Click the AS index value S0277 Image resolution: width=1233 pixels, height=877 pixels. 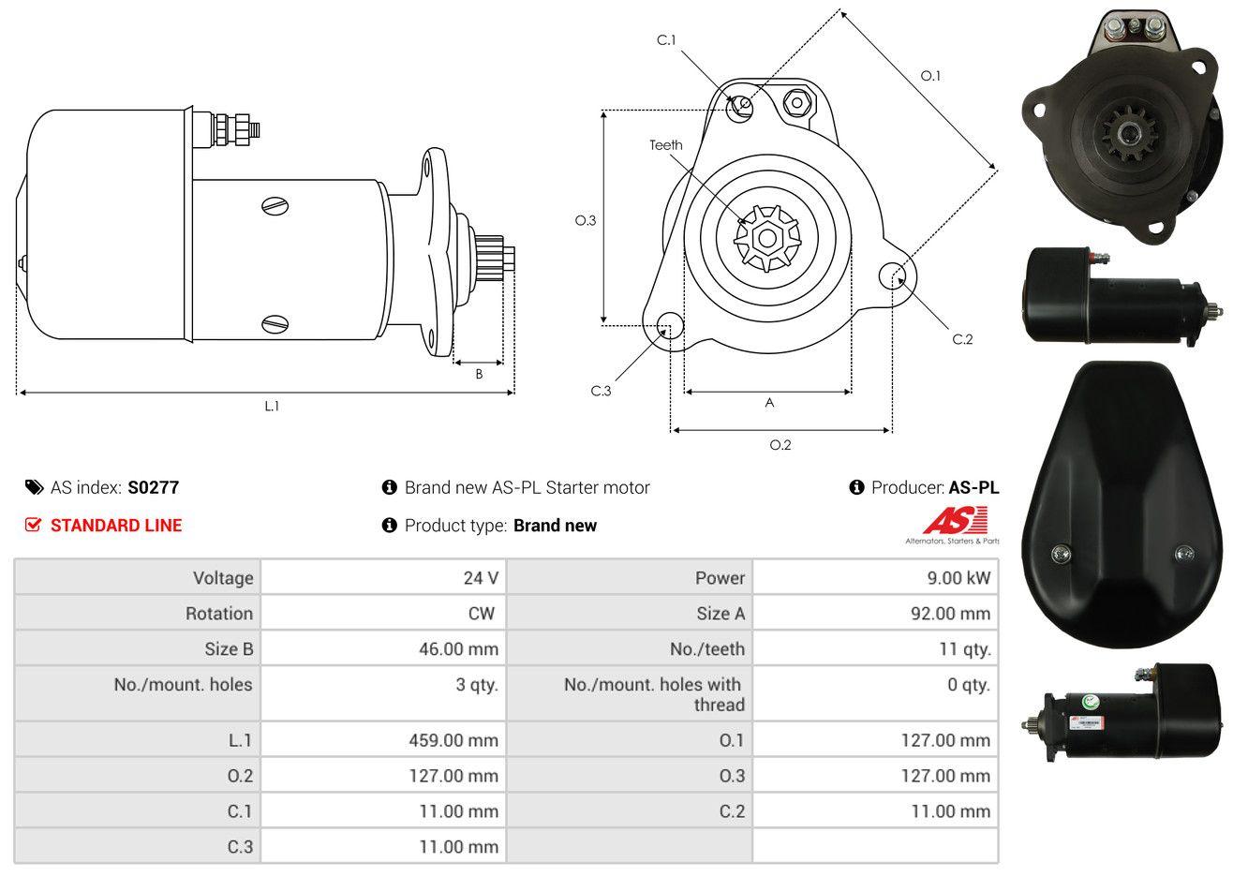[153, 488]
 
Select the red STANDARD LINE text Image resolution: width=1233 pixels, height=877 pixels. [116, 526]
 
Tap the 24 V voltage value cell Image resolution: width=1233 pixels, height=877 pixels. [481, 578]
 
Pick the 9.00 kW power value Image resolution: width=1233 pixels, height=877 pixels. [958, 578]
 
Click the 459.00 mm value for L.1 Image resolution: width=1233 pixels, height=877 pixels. [453, 740]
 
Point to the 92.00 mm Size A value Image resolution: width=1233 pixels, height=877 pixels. [951, 614]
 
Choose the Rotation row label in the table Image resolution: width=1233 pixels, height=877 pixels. [219, 614]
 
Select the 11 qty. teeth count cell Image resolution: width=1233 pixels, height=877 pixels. [965, 649]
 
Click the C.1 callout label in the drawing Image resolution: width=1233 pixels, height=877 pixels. [666, 40]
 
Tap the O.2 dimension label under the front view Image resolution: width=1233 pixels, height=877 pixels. [780, 445]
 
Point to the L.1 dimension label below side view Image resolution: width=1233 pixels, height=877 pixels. [272, 407]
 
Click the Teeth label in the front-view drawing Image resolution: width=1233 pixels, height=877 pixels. [665, 145]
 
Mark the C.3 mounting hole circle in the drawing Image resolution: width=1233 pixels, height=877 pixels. [670, 325]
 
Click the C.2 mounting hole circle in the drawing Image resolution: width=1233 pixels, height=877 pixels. [892, 275]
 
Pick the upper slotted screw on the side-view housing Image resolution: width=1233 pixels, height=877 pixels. [275, 206]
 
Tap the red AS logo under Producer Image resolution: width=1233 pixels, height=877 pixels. [956, 521]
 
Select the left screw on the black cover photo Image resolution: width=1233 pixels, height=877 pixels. [1061, 553]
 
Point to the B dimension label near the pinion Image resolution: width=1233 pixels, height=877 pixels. [479, 375]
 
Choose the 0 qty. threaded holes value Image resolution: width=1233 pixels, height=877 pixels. [968, 685]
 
